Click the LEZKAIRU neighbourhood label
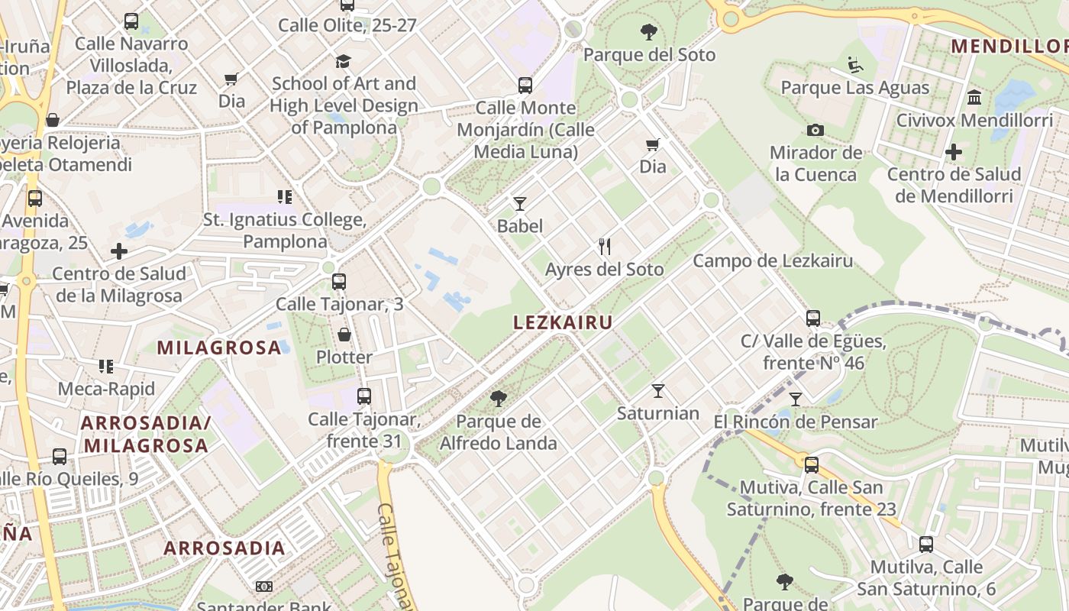coord(563,322)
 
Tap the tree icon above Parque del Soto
coord(649,32)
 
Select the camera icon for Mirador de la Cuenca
coord(815,131)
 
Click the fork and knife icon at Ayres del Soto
coord(605,246)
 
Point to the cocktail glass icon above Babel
coord(520,203)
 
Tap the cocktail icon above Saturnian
coord(658,391)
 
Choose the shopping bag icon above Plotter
coord(344,335)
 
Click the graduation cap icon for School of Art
coord(344,61)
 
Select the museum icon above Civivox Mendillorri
coord(974,98)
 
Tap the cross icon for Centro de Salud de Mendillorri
coord(953,152)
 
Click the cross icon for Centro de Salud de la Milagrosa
coord(119,251)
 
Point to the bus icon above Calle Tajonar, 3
coord(339,282)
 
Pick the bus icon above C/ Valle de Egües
coord(813,318)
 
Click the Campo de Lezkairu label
coord(773,261)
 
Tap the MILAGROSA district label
coord(219,348)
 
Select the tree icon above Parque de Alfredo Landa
coord(499,398)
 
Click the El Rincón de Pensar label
coord(796,422)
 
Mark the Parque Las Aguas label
coord(855,87)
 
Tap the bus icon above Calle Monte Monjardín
coord(525,85)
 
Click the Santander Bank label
coord(264,606)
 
